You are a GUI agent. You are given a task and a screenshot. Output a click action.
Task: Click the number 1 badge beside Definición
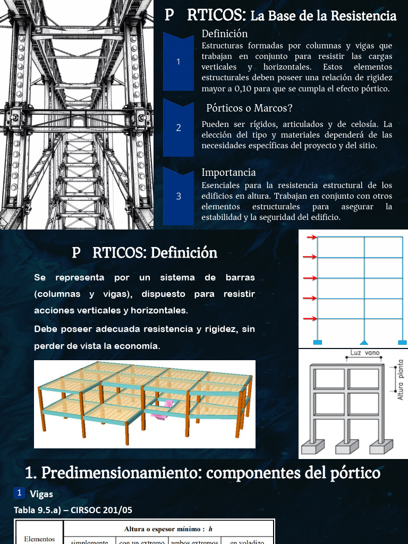[x=178, y=62]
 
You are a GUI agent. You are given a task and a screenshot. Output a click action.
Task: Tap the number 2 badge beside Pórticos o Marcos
[x=178, y=127]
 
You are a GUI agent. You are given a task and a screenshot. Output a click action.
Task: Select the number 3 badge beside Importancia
[x=178, y=196]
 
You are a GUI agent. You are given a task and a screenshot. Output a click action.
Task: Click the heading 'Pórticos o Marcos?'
[x=249, y=108]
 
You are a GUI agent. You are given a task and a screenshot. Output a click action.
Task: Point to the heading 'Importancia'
[x=228, y=172]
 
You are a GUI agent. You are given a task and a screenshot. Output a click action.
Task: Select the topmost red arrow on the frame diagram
[x=310, y=237]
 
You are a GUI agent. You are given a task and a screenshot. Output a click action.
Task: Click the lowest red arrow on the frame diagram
[x=310, y=319]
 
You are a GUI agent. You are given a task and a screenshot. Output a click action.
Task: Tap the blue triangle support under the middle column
[x=364, y=342]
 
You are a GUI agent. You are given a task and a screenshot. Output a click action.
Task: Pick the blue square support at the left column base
[x=318, y=343]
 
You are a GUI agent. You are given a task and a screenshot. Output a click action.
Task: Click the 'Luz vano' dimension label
[x=365, y=352]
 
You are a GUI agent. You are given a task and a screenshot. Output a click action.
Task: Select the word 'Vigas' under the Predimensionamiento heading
[x=41, y=494]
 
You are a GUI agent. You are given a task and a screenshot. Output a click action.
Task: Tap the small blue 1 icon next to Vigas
[x=19, y=494]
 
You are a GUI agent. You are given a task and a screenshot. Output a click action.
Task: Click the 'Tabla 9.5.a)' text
[x=38, y=510]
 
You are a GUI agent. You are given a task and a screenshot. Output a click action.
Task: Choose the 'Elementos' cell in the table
[x=39, y=539]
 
